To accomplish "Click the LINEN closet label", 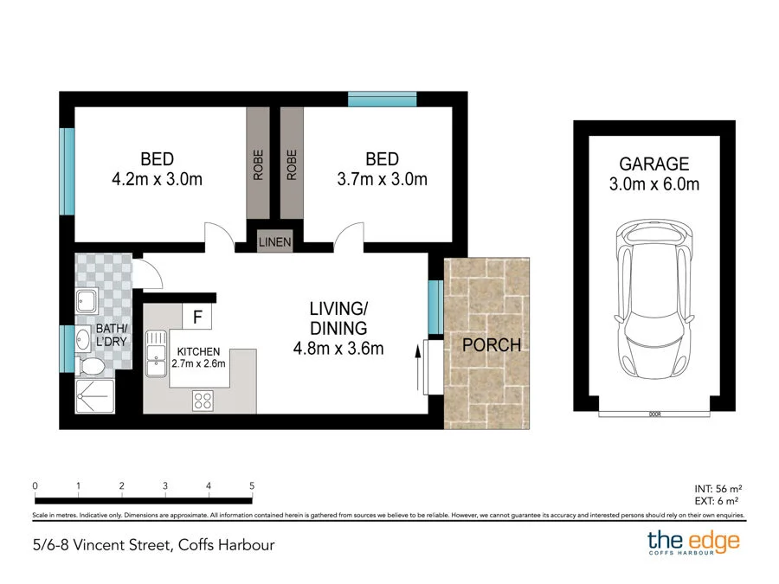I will (275, 242).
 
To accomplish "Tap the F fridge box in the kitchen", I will (197, 318).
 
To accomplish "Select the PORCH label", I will (492, 344).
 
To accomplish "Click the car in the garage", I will (654, 304).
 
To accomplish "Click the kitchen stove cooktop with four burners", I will (203, 400).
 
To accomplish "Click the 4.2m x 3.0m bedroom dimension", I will (157, 180).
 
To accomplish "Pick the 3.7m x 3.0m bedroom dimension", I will (382, 180).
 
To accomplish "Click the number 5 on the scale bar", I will (251, 486).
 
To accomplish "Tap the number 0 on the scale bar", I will (35, 486).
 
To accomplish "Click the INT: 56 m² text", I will (718, 488).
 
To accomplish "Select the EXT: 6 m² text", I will (718, 501).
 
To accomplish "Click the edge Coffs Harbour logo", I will (693, 544).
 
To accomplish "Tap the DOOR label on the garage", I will (654, 414).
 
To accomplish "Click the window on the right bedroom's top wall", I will (382, 99).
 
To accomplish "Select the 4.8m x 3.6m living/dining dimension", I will (337, 349).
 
